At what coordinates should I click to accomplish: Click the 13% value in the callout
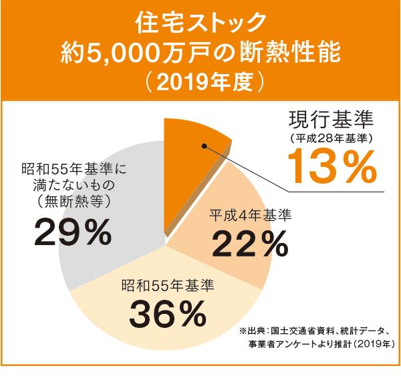coord(333,167)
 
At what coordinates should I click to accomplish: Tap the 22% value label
coord(245,245)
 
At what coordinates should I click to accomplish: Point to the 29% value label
coord(72,232)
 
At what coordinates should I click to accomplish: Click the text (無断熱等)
coord(74,200)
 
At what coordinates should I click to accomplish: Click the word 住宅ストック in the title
coord(200,23)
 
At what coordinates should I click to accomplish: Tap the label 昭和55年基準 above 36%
coord(168,286)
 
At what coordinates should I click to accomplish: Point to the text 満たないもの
coord(74,182)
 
